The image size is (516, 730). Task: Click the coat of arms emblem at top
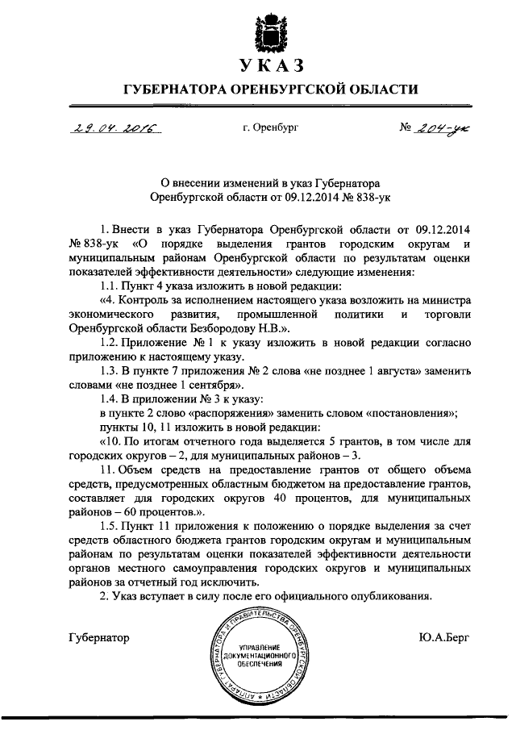(258, 27)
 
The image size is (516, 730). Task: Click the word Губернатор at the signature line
(99, 637)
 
